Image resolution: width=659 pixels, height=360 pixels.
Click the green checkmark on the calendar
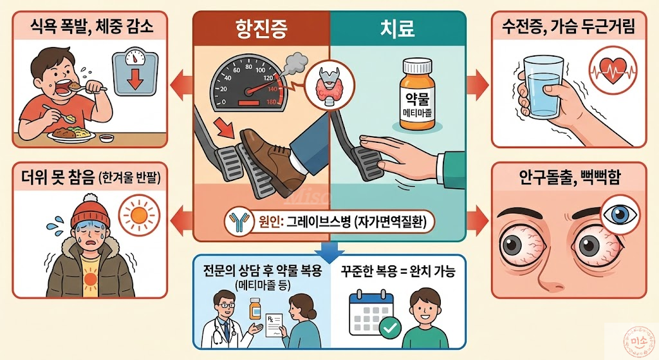click(x=388, y=328)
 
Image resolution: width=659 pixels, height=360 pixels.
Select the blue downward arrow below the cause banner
click(x=329, y=249)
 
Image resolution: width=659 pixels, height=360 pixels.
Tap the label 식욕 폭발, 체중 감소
click(x=91, y=27)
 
